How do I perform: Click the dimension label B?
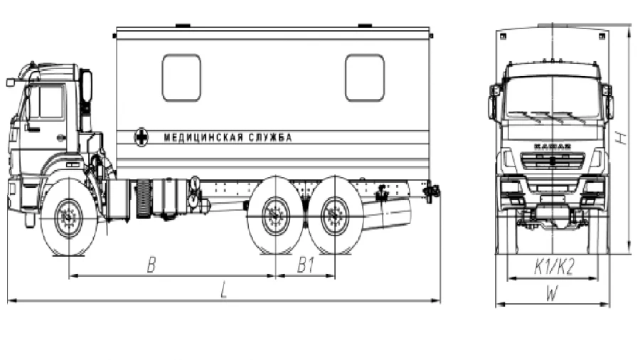coord(151,265)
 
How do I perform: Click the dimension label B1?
coord(306,265)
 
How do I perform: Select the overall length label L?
coord(223,291)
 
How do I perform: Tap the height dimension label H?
coord(621,137)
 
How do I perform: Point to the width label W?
coord(553,292)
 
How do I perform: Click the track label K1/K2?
coord(553,267)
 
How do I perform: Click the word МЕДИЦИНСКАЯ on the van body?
coord(203,137)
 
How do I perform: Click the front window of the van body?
coord(181,78)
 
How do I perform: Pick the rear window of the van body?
coord(364,78)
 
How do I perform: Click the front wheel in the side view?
coord(69,217)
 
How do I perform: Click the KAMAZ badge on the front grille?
coord(552,147)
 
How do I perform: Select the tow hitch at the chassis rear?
coord(430,191)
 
